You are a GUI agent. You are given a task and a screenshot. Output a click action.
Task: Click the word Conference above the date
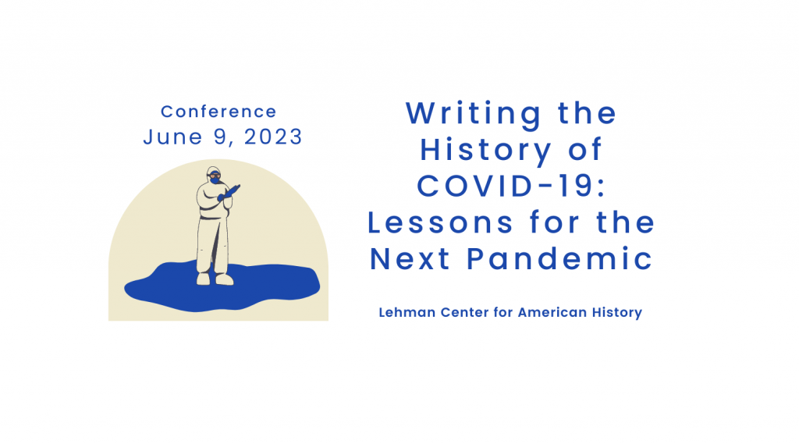click(218, 112)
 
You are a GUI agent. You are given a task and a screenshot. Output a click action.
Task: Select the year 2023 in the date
click(273, 137)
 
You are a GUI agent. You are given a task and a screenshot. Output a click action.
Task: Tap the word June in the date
click(172, 137)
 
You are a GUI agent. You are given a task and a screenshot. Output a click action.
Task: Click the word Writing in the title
click(474, 114)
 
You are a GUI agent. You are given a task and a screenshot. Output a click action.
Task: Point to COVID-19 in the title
click(511, 186)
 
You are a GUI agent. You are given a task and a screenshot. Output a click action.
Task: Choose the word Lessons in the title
click(440, 222)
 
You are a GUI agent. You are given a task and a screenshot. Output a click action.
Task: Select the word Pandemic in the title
click(559, 259)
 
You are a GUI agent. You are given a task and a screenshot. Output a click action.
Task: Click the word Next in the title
click(410, 259)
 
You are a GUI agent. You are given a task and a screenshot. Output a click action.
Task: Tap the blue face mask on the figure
click(215, 180)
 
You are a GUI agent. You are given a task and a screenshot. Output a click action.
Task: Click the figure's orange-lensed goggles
click(215, 176)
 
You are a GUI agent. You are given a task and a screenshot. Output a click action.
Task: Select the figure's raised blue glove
click(229, 193)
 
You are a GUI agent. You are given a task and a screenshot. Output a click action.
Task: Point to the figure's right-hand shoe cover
click(224, 279)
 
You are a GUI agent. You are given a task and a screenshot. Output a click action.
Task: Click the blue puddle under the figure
click(222, 286)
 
